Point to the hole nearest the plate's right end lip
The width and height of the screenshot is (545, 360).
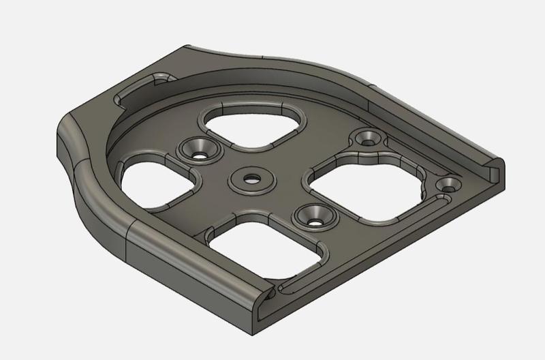click(449, 184)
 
